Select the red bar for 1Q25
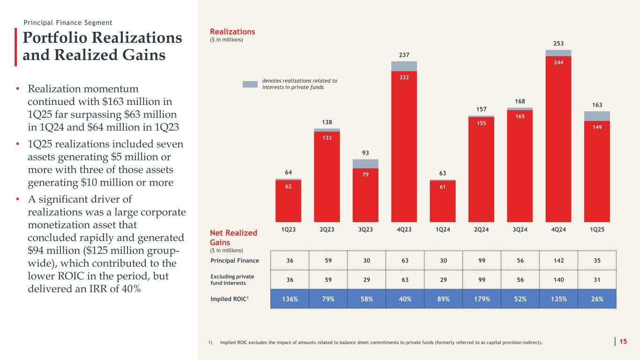597,171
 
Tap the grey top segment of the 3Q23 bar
365,164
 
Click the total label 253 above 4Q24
558,43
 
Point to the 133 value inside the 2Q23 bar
327,138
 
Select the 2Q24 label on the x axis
481,229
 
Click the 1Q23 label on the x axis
288,229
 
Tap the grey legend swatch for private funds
250,84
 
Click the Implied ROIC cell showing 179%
481,299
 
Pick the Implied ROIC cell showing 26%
597,299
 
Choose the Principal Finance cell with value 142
558,260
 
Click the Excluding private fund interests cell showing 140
558,279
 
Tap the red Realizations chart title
233,31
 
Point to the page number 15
623,342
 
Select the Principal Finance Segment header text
68,22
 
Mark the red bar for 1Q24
443,201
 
